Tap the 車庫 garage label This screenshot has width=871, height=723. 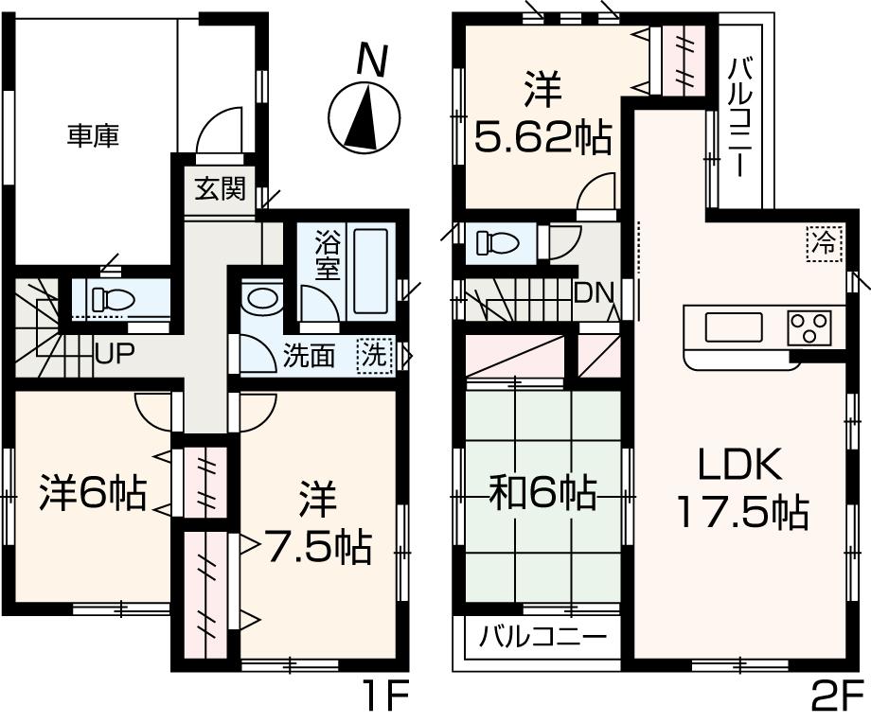[93, 136]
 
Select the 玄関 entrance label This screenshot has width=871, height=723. [220, 189]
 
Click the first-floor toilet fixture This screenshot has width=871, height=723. [111, 299]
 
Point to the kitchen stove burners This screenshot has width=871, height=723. [809, 327]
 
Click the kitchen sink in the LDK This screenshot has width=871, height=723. [732, 327]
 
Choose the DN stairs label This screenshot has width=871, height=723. [594, 292]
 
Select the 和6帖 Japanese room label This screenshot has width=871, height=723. [542, 493]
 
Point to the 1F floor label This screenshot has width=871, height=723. [385, 700]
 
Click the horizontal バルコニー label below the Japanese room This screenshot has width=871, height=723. [542, 636]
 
